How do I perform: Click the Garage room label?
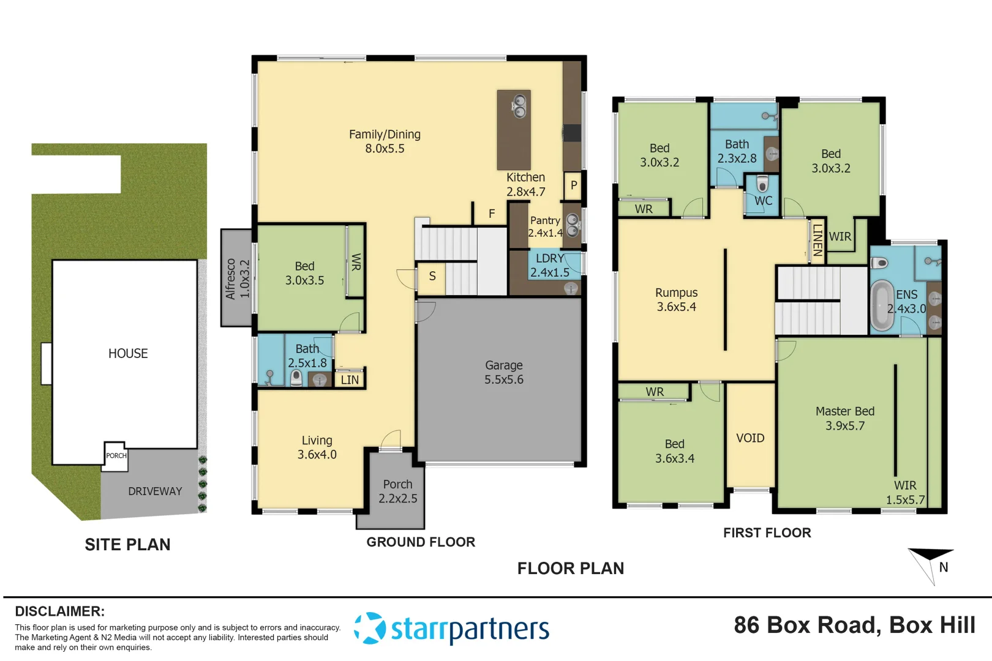tap(503, 372)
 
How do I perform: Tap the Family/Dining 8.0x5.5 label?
tap(385, 141)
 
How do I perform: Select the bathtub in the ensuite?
tap(882, 305)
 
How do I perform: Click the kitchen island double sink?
tap(519, 106)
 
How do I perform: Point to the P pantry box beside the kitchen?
tap(573, 185)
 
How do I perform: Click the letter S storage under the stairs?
tap(432, 276)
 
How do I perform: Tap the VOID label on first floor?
tap(750, 438)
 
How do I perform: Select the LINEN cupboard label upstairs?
tap(817, 241)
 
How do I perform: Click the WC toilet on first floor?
tap(762, 184)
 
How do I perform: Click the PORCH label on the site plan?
tap(116, 456)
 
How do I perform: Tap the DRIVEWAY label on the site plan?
tap(155, 491)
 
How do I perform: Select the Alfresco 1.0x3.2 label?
tap(237, 278)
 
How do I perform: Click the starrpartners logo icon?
tap(370, 628)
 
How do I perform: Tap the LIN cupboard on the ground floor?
tap(350, 380)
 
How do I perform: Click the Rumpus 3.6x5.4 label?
tap(676, 299)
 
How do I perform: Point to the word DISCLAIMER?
tap(59, 611)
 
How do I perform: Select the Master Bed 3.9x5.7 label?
tap(844, 418)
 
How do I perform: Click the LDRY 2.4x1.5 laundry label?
tap(549, 266)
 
